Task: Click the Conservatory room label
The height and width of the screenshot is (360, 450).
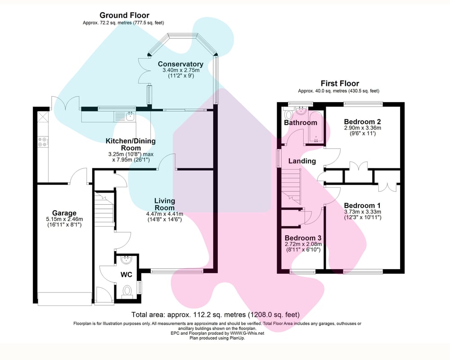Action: [180, 64]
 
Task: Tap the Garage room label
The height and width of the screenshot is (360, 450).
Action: [64, 213]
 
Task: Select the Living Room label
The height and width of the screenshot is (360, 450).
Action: [165, 204]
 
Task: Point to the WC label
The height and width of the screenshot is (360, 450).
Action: [126, 275]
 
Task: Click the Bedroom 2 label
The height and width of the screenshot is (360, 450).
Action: [362, 121]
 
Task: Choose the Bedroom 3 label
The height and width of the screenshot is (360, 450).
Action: [303, 238]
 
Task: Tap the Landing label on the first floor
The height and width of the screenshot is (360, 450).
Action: [302, 161]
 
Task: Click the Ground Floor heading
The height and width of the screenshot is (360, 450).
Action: [124, 15]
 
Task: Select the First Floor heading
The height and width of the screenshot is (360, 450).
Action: [340, 84]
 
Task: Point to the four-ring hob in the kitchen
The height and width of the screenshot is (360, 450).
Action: [43, 142]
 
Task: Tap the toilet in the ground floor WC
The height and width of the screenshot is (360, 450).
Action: [126, 291]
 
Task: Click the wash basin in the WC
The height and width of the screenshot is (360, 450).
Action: [126, 260]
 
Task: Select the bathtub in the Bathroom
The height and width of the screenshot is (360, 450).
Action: [316, 126]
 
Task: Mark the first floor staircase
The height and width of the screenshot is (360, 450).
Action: [291, 186]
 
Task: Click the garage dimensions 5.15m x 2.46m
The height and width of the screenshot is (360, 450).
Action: [64, 219]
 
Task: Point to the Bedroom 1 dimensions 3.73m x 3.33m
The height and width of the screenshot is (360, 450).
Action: [362, 212]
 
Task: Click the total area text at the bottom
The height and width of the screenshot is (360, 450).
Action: [216, 315]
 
